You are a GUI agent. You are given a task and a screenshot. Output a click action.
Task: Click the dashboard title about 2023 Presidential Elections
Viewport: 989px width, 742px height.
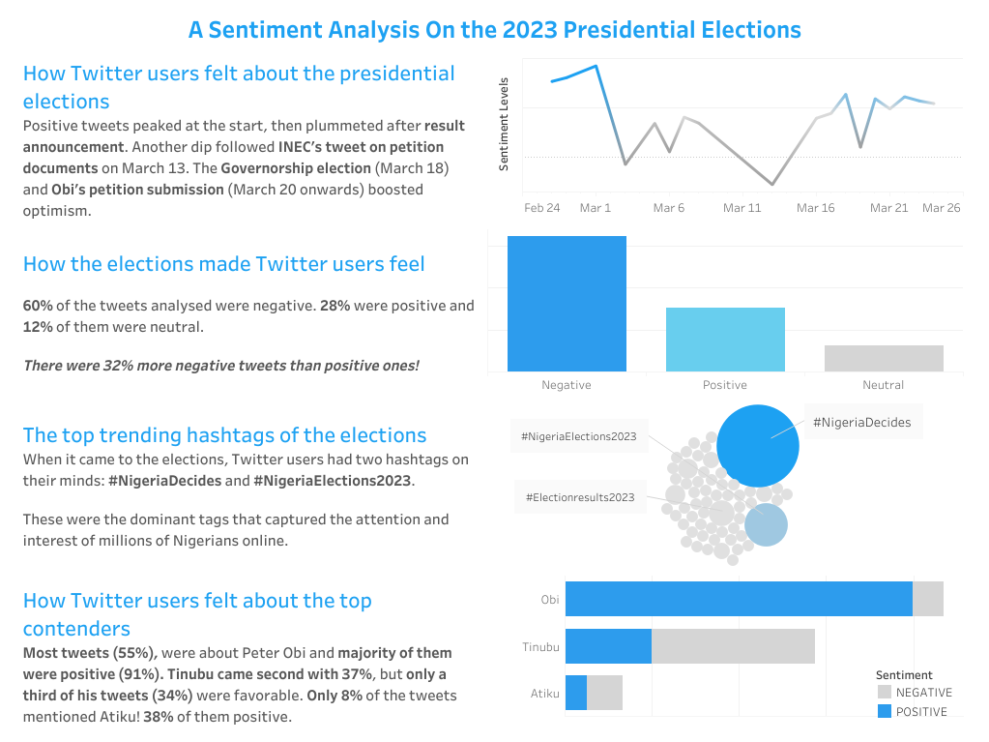click(494, 30)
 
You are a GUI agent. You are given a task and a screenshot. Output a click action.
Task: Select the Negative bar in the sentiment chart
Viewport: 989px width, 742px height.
click(567, 303)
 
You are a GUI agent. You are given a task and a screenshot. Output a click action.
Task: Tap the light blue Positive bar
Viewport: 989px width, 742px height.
click(725, 339)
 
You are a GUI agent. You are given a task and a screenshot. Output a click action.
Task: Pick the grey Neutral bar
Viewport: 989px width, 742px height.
click(884, 358)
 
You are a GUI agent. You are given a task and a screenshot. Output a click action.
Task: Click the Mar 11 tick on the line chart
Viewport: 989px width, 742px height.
click(742, 208)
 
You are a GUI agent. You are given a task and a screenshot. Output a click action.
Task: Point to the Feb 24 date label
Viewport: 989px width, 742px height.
click(541, 208)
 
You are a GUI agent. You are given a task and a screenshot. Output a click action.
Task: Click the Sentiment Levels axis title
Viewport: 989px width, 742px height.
click(504, 125)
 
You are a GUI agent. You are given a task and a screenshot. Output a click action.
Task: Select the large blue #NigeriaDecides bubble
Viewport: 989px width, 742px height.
click(758, 446)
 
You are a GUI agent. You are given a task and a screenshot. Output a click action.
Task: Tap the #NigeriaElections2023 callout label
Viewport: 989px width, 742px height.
click(578, 436)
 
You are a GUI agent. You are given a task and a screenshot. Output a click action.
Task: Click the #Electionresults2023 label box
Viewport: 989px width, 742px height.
click(580, 497)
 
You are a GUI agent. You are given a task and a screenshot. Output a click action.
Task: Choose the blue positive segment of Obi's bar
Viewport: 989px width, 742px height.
click(739, 599)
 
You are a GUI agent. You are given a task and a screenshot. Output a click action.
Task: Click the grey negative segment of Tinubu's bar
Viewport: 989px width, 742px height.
click(733, 646)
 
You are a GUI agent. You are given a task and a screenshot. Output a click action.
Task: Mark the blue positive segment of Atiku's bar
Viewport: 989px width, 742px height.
click(576, 693)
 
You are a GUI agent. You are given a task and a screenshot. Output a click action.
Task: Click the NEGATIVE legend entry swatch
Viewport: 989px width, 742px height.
click(885, 693)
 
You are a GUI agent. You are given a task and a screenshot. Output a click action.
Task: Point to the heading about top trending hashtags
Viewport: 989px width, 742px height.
click(224, 435)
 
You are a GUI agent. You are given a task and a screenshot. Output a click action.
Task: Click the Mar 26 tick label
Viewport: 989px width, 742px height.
click(941, 208)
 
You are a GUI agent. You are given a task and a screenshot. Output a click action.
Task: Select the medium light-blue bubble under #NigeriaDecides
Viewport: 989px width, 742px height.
click(766, 525)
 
